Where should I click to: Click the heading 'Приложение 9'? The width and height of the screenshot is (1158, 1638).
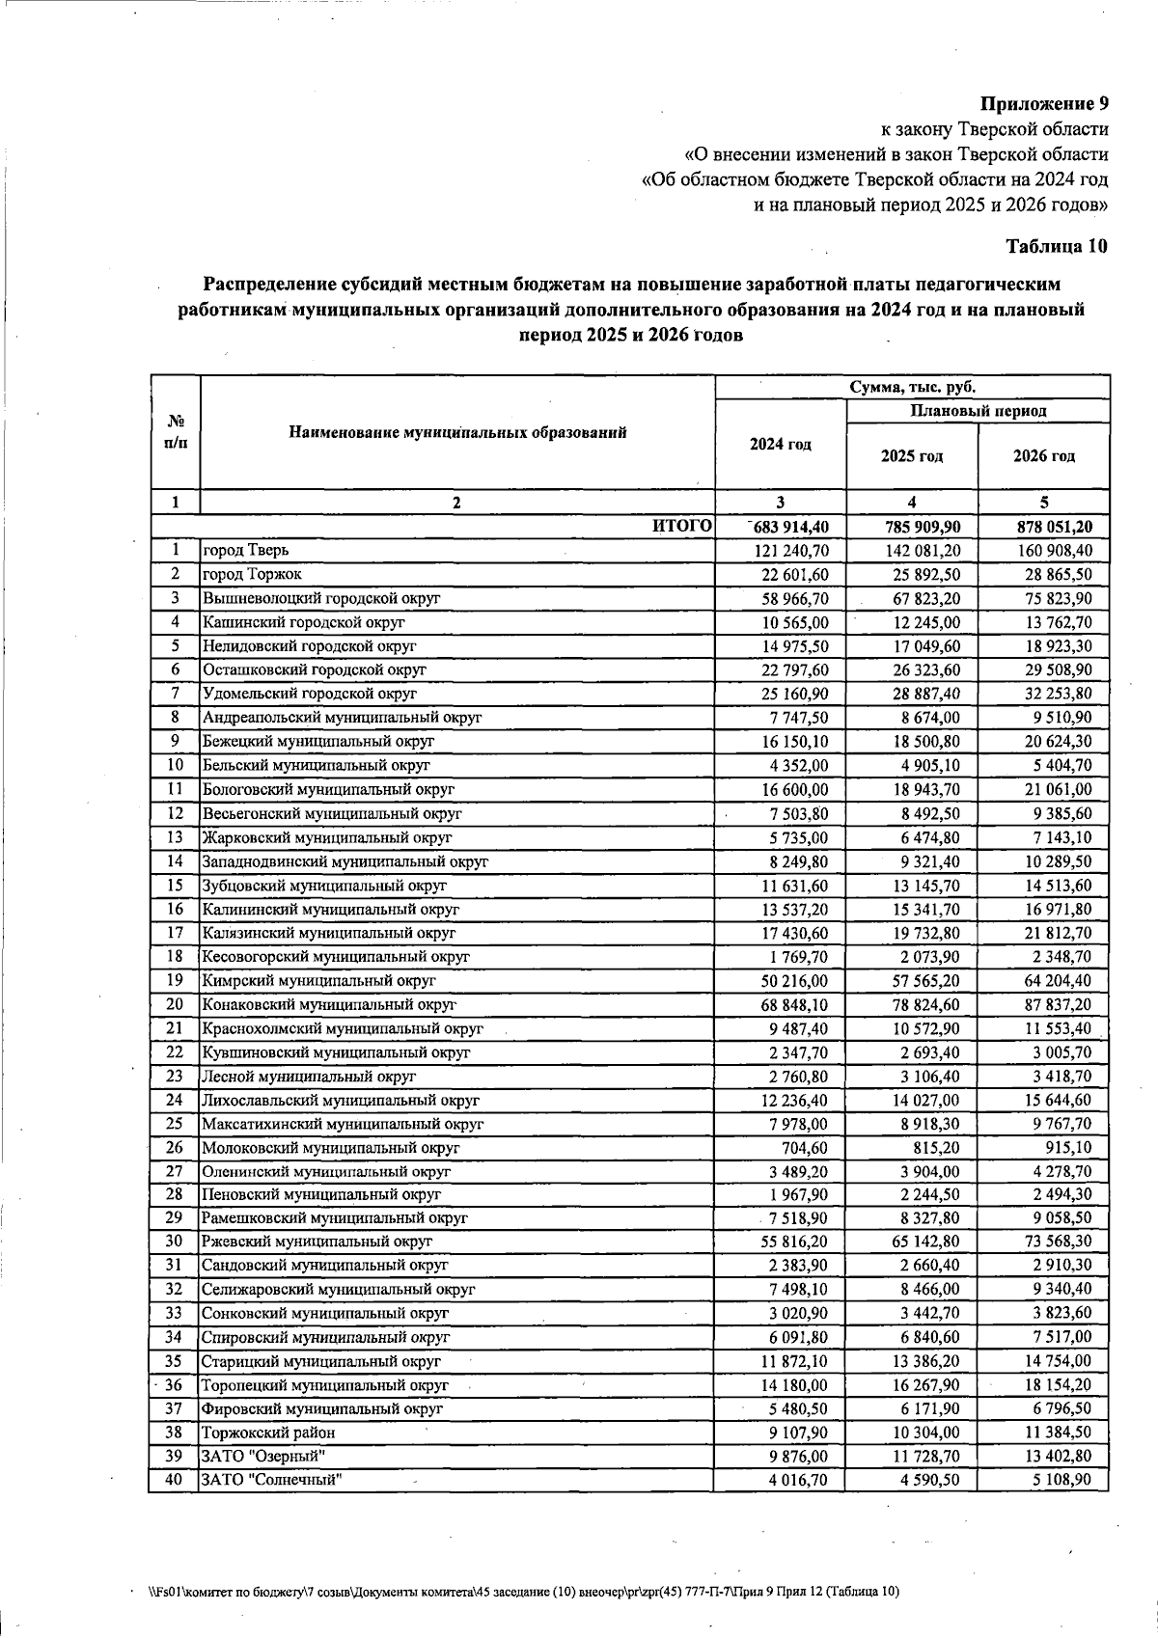click(1045, 103)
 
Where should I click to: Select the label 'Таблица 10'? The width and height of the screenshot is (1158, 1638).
click(1057, 246)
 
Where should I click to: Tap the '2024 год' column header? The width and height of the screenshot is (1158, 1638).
click(781, 445)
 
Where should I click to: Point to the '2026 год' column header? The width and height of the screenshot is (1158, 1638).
click(1043, 456)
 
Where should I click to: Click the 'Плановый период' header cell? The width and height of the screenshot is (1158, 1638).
click(978, 411)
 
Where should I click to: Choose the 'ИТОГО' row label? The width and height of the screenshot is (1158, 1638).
click(682, 526)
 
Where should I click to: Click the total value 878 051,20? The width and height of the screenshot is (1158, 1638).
click(1043, 527)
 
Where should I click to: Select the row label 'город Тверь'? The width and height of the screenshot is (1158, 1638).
click(245, 550)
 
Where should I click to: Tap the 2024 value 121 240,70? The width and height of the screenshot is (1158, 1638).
click(787, 551)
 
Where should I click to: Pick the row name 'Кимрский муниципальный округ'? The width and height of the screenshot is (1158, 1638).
click(318, 981)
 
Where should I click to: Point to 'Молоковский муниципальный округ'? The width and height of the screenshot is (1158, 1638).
click(330, 1148)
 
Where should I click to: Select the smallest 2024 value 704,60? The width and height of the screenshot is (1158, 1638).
click(804, 1148)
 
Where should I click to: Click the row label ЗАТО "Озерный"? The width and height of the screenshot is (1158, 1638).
click(256, 1457)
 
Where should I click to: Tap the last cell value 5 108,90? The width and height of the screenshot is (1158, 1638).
click(1061, 1480)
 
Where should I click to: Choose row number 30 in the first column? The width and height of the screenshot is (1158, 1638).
click(174, 1242)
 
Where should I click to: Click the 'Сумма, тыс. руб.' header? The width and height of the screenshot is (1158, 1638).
click(912, 387)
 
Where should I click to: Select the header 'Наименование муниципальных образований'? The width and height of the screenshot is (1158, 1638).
click(457, 432)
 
